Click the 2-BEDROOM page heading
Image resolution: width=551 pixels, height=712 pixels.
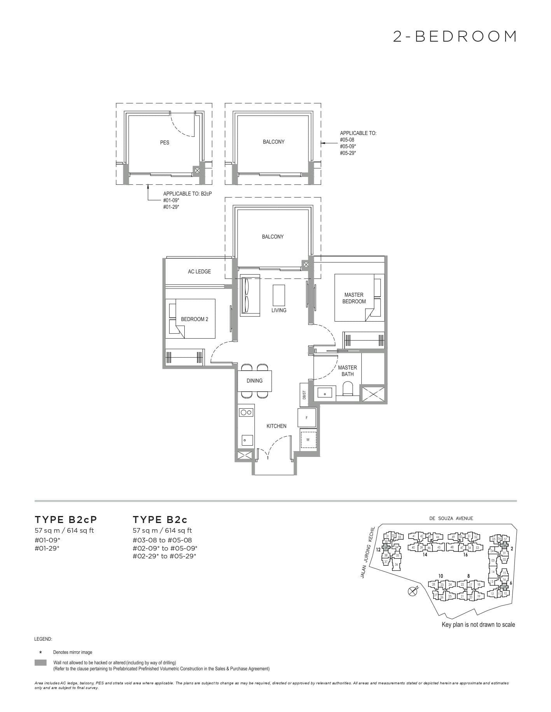tap(455, 37)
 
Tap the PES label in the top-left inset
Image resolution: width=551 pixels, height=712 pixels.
tap(164, 143)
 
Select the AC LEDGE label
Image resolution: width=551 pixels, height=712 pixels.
tap(199, 271)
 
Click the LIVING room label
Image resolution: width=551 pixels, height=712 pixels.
tap(279, 310)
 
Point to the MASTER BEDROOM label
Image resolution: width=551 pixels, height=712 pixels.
tap(354, 298)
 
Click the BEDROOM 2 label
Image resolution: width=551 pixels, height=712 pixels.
tap(194, 319)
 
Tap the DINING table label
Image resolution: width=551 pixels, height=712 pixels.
tap(254, 381)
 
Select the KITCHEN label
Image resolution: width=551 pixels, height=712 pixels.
tap(276, 426)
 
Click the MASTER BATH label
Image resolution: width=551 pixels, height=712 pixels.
tap(347, 371)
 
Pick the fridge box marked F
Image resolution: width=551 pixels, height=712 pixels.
tap(307, 418)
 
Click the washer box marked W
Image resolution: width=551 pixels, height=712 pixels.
tap(308, 440)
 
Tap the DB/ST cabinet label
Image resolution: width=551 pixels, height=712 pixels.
tap(304, 395)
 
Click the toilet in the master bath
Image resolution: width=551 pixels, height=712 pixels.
tap(348, 388)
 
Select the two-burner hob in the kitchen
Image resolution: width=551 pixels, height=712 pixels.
tap(246, 412)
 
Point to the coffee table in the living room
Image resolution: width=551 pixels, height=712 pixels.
tap(279, 295)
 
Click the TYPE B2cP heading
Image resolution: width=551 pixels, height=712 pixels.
tap(66, 520)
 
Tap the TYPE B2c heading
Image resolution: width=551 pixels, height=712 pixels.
tap(160, 520)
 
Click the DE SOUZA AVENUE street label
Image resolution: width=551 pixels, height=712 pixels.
tap(451, 518)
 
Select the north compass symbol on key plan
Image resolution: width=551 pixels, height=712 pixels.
tap(412, 591)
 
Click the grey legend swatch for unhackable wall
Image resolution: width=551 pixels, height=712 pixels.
tap(40, 663)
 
